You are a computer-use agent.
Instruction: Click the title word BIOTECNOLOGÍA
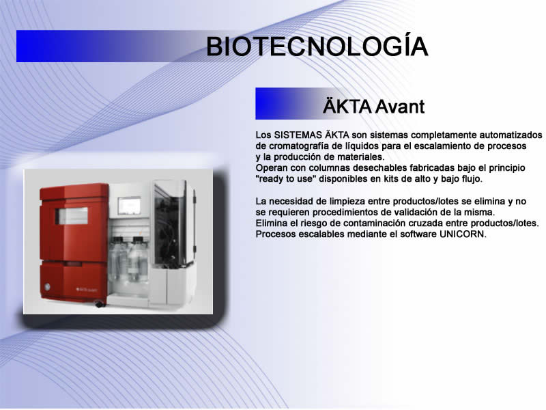pos(317,46)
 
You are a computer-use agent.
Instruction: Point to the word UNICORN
pos(462,234)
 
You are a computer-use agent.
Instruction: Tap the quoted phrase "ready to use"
pos(286,179)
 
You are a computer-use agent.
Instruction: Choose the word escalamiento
pos(435,146)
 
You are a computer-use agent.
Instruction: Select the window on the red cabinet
pos(72,216)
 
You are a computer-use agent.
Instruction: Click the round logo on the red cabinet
pos(47,287)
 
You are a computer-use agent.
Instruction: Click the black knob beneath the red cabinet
pos(100,303)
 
